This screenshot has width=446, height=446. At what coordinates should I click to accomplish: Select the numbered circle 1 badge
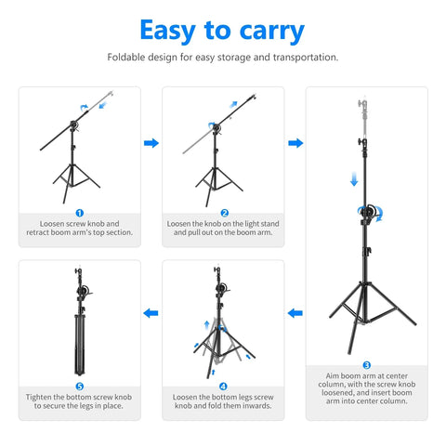(79, 213)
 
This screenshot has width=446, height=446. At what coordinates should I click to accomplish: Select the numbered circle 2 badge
(223, 213)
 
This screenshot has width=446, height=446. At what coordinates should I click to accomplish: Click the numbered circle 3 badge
(366, 365)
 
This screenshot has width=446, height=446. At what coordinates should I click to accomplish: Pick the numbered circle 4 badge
(223, 386)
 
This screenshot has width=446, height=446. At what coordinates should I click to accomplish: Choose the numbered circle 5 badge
(79, 386)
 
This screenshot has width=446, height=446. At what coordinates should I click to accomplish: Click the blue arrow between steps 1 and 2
(151, 143)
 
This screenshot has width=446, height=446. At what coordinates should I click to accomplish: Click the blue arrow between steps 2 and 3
(295, 143)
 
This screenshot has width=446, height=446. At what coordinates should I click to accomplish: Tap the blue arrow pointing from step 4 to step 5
(151, 314)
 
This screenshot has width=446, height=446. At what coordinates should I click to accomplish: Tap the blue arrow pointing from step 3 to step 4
(295, 314)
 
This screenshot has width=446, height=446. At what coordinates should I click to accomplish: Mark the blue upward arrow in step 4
(206, 326)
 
